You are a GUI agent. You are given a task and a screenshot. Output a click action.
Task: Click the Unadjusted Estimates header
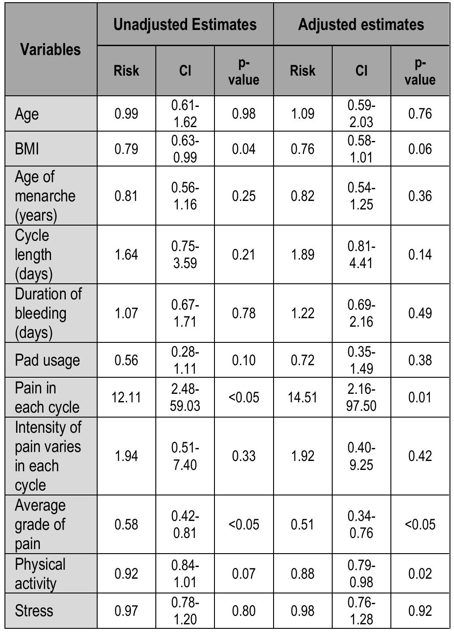point(185,24)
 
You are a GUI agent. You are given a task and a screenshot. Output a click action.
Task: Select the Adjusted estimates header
point(361,24)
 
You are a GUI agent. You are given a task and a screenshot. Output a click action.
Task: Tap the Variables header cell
point(51,49)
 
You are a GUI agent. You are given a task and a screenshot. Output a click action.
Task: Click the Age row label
point(27,114)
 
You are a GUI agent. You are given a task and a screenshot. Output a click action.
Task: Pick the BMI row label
point(27,149)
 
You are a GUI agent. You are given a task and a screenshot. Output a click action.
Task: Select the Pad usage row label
point(47,360)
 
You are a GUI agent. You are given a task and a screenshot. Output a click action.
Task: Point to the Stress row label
point(34,610)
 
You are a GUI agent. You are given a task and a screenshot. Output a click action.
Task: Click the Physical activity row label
point(40,574)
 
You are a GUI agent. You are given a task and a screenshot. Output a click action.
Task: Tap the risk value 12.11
point(126,397)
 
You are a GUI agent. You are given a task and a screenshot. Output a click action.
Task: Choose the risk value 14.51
point(303,397)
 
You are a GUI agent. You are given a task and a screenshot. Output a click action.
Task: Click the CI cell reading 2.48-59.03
point(185,397)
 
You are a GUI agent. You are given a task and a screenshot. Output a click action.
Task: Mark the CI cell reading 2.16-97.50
point(361,397)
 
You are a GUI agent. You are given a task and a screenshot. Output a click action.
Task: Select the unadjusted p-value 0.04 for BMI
point(244,149)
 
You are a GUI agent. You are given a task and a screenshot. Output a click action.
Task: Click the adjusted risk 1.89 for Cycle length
point(303,254)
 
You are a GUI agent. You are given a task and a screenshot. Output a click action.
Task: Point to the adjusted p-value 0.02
point(420,574)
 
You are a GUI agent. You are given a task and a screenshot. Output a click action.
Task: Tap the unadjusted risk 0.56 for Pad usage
point(126,360)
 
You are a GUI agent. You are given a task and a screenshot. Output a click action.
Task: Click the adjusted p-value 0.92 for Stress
point(420,610)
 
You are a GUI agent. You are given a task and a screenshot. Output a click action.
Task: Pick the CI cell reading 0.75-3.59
point(185,254)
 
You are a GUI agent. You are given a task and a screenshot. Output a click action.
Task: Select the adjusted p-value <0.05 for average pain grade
point(420,524)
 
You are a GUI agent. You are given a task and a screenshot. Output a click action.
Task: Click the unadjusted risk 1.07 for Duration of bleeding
point(126,313)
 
